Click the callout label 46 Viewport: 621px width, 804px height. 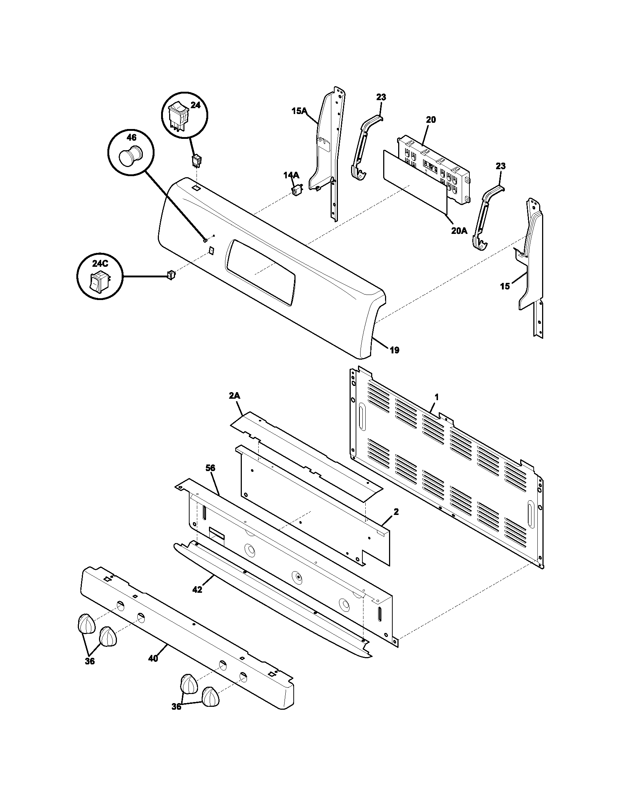pos(132,137)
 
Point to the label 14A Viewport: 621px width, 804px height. pos(291,175)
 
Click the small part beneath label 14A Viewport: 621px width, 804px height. pos(296,190)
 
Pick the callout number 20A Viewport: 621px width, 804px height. pos(459,231)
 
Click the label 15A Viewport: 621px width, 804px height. pos(299,110)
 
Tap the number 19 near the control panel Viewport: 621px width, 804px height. pos(394,350)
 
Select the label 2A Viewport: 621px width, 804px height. pos(235,396)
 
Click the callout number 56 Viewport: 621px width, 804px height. pos(210,468)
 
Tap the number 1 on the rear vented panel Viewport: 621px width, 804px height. pos(436,397)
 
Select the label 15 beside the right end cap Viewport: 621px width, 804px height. pos(505,286)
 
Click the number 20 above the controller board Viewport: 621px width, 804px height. pos(431,120)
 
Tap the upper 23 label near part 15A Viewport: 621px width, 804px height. pos(381,97)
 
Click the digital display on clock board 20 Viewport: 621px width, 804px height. pos(431,168)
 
